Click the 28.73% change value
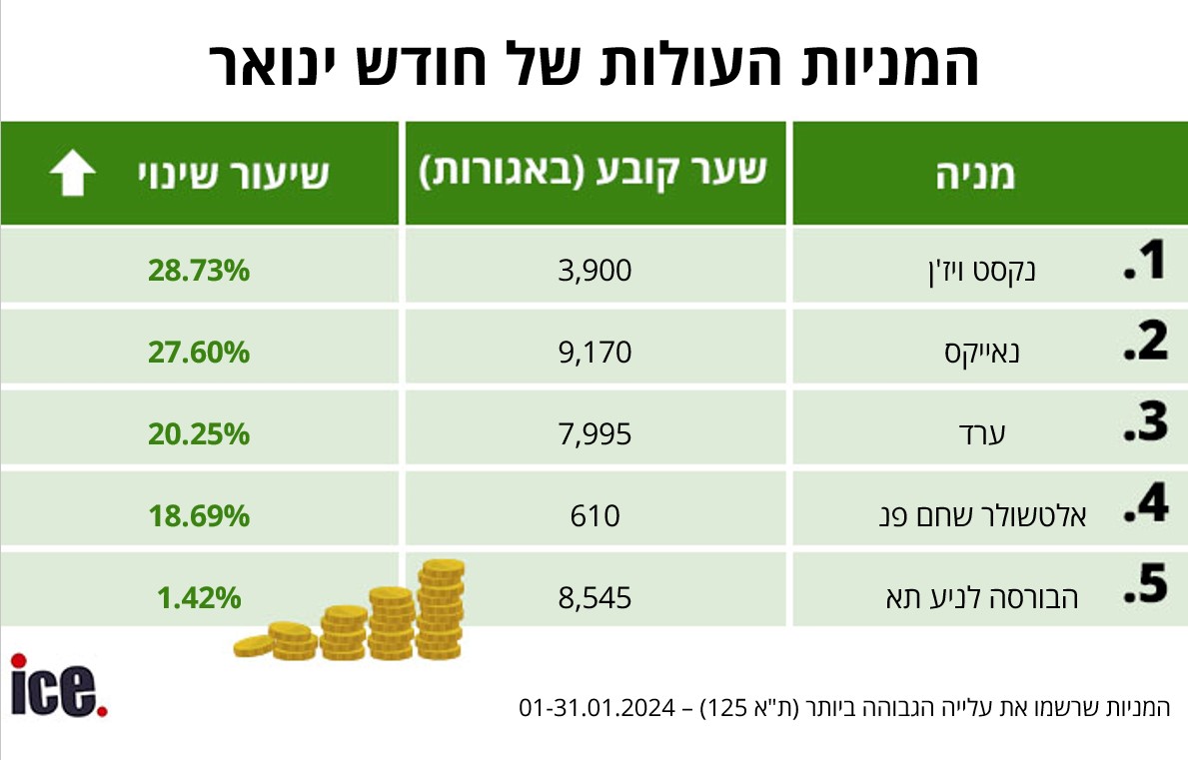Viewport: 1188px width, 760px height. [x=199, y=270]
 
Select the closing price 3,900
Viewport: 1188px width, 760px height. [x=596, y=270]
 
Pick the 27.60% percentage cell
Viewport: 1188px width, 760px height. [x=199, y=352]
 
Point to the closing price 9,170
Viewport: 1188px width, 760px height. [x=596, y=352]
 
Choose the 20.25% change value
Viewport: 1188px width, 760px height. [x=199, y=433]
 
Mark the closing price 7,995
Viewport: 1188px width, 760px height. [x=596, y=433]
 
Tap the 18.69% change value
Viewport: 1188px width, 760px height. [x=199, y=515]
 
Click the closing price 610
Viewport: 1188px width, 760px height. [x=596, y=515]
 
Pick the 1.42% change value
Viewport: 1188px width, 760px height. [x=199, y=597]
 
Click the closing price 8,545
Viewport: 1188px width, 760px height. [x=596, y=597]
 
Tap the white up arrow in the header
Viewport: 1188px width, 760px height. [x=73, y=174]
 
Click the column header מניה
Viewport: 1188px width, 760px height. [x=975, y=175]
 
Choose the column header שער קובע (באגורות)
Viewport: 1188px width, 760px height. [x=593, y=173]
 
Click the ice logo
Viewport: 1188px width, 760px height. [x=59, y=686]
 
